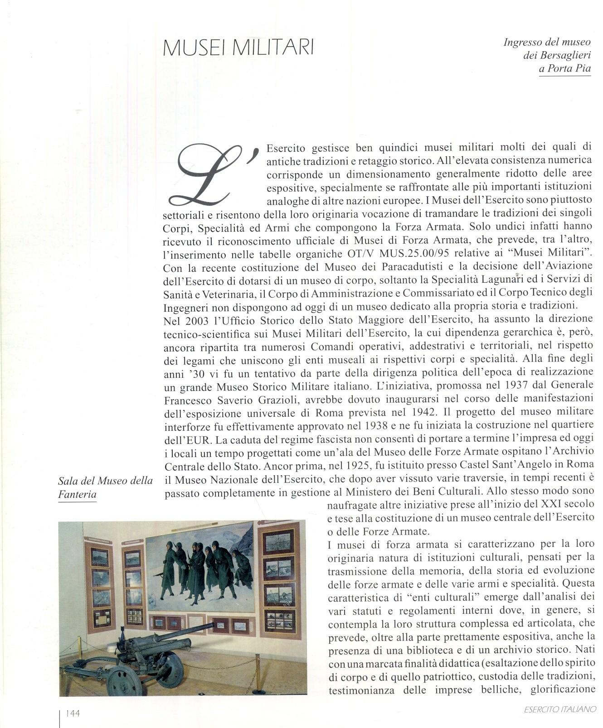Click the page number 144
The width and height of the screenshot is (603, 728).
pyautogui.click(x=73, y=714)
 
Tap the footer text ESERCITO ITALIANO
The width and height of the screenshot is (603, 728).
pyautogui.click(x=560, y=710)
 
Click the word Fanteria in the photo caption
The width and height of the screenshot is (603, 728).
pyautogui.click(x=77, y=495)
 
